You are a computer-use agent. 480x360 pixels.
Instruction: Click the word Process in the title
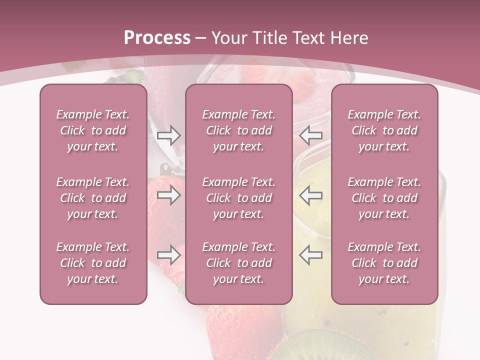tap(157, 38)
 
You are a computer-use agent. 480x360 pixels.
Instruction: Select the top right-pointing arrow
tap(168, 135)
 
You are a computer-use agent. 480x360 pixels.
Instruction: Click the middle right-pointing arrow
tap(168, 195)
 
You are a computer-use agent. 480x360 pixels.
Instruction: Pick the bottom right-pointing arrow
tap(168, 255)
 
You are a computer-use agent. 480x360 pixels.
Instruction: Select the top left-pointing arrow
tap(311, 135)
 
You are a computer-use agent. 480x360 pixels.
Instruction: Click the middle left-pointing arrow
tap(311, 195)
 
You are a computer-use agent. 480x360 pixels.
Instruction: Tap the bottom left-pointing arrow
tap(311, 255)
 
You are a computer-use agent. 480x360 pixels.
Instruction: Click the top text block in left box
tap(93, 130)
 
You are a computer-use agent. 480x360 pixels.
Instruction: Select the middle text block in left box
tap(93, 198)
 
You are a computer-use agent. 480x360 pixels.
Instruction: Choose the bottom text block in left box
tap(93, 263)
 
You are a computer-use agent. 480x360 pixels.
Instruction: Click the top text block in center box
tap(238, 130)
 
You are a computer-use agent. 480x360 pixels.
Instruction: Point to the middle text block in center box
tap(238, 198)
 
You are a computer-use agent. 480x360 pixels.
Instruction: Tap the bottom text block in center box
tap(238, 263)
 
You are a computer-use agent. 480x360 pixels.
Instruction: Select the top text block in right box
tap(384, 130)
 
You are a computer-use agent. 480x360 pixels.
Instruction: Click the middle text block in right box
tap(384, 198)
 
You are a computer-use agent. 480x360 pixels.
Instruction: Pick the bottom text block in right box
tap(384, 263)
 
